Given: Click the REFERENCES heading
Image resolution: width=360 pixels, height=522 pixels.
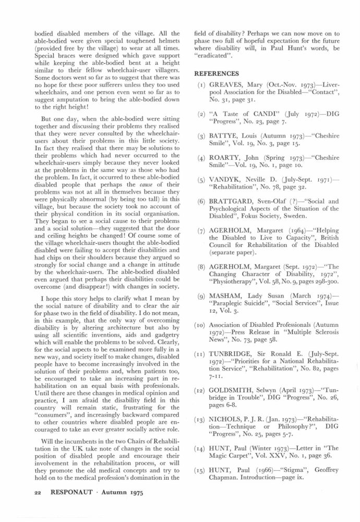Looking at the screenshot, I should pyautogui.click(x=217, y=74).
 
